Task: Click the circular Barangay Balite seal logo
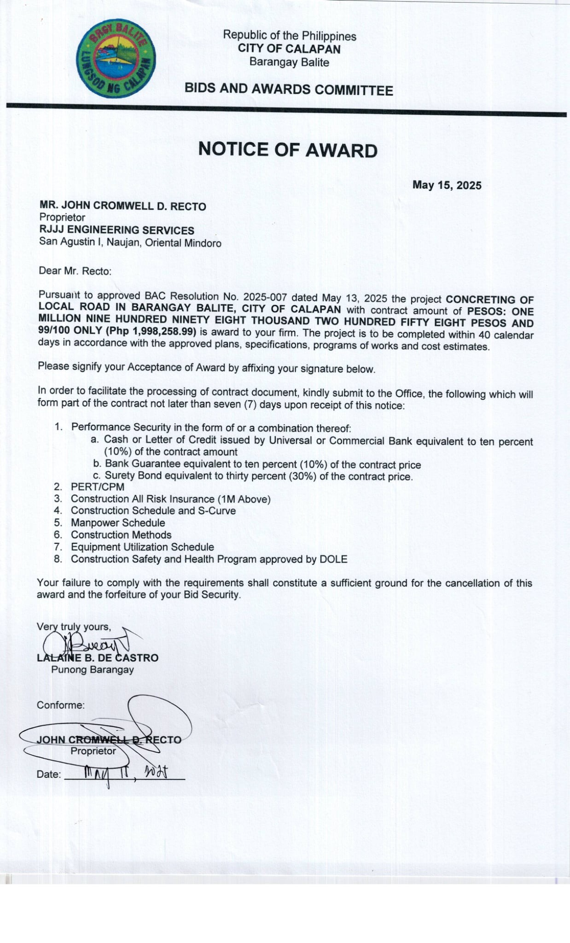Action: coord(116,58)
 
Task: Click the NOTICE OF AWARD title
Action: coord(288,150)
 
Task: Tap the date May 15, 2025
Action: coord(447,185)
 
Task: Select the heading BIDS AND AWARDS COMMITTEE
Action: coord(289,89)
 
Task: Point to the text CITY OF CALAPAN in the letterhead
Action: coord(289,49)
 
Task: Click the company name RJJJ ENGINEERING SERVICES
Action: coord(116,230)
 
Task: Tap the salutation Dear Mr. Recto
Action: coord(75,271)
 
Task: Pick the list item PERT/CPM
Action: coord(98,487)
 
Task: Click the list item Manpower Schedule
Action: coord(118,523)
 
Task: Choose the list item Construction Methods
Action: coord(121,535)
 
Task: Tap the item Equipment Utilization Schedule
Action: coord(142,547)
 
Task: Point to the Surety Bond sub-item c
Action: coord(258,476)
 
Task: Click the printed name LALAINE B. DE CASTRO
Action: coord(98,658)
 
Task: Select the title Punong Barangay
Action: coord(93,669)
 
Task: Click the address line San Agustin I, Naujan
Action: coord(130,242)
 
